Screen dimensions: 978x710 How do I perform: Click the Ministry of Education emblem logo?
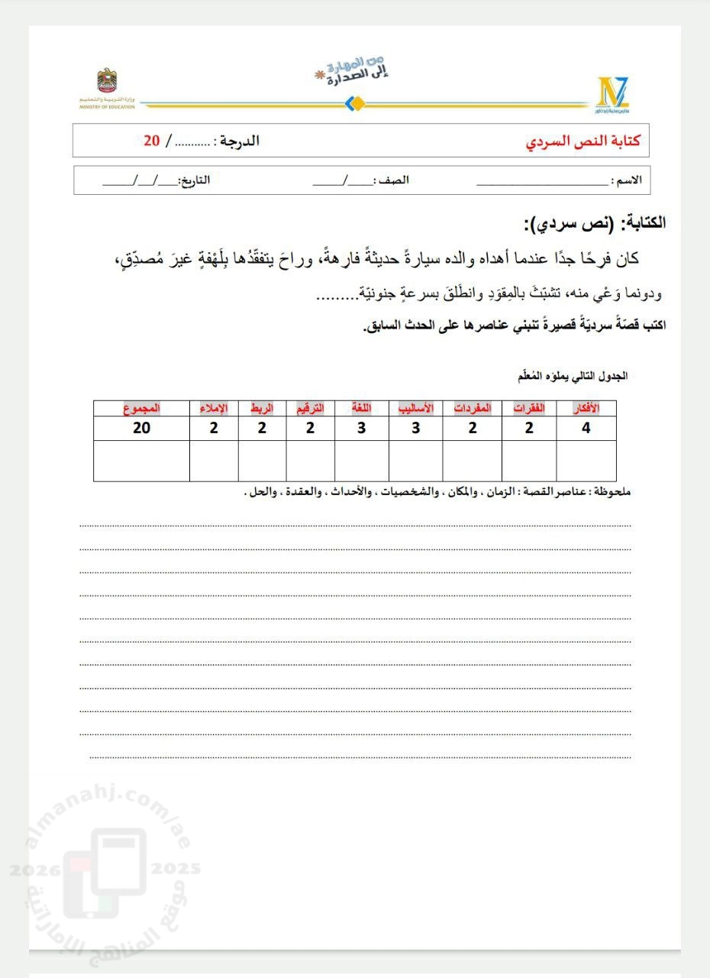[106, 83]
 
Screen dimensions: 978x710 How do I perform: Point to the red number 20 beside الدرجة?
[152, 141]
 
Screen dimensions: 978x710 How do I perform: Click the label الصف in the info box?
[395, 181]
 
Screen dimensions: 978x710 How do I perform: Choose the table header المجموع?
[141, 409]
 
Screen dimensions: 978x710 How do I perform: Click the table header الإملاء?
[214, 409]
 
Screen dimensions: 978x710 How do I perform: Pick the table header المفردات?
[473, 409]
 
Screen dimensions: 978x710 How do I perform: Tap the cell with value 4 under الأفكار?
[586, 429]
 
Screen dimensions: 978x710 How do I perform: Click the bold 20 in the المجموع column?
[142, 429]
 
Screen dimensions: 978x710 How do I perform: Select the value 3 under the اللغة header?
[361, 429]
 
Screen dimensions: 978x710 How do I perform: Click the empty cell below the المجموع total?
[141, 461]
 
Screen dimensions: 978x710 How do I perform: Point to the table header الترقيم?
[310, 409]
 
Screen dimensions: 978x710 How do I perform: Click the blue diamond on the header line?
[353, 103]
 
